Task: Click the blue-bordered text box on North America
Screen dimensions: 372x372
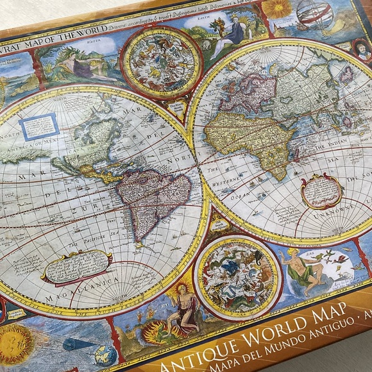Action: pyautogui.click(x=39, y=126)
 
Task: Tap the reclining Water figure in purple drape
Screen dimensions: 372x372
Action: pyautogui.click(x=76, y=64)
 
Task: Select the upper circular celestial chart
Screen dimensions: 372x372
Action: pyautogui.click(x=161, y=62)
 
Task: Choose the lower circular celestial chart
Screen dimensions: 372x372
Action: pyautogui.click(x=237, y=277)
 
